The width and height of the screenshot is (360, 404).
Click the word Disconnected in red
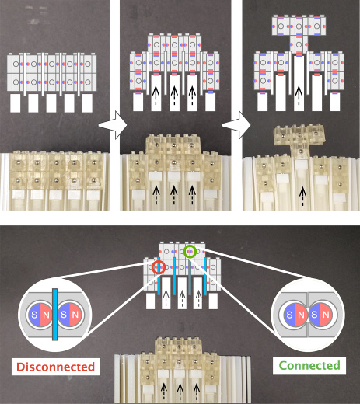55,367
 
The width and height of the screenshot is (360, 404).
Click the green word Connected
309,365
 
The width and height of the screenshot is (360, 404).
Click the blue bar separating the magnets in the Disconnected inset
54,314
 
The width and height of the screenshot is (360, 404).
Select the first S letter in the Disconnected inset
34,315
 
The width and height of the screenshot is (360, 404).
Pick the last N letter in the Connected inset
326,315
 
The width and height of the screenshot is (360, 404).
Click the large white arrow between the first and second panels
113,125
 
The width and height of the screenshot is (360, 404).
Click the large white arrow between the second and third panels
236,125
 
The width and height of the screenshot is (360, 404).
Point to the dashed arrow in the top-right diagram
299,96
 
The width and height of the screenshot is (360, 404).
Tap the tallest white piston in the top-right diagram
299,83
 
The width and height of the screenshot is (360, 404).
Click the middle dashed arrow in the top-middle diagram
174,96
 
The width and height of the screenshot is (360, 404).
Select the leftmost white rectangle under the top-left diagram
16,103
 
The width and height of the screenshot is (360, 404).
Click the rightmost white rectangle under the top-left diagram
87,103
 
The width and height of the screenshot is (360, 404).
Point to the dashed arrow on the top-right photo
302,197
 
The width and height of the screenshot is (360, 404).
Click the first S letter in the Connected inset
289,315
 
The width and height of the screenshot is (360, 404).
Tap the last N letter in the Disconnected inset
75,315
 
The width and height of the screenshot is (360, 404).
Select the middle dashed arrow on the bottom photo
180,392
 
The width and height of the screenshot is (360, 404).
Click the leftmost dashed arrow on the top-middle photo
156,195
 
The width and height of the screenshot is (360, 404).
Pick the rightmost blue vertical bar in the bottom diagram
205,276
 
